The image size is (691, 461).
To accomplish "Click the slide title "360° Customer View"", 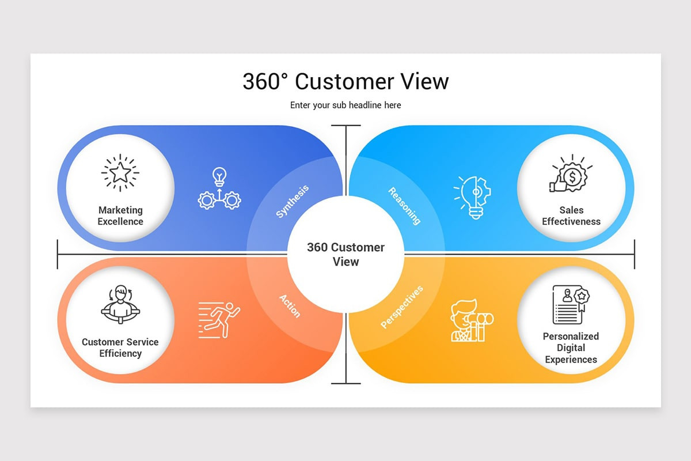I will [345, 82].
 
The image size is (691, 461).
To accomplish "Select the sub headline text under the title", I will [345, 105].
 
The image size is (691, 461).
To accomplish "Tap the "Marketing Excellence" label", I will [120, 216].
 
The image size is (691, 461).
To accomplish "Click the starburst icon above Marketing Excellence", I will [120, 172].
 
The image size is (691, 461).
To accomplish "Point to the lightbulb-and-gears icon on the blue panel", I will [219, 188].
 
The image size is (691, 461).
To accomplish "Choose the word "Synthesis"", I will [293, 201].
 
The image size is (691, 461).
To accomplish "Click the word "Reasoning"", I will [404, 205].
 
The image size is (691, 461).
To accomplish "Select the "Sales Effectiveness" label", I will [571, 216].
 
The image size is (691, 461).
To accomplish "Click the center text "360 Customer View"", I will [345, 254].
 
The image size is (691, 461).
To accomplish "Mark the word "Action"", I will [290, 305].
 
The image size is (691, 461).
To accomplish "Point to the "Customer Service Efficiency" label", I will [120, 347].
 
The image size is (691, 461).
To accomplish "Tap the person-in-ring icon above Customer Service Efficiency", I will [120, 304].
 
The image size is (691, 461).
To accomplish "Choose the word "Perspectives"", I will [402, 307].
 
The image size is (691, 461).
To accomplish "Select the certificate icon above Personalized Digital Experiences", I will [571, 304].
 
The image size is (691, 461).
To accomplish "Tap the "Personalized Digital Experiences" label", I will [571, 347].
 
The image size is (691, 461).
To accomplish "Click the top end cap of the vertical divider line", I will [346, 126].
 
